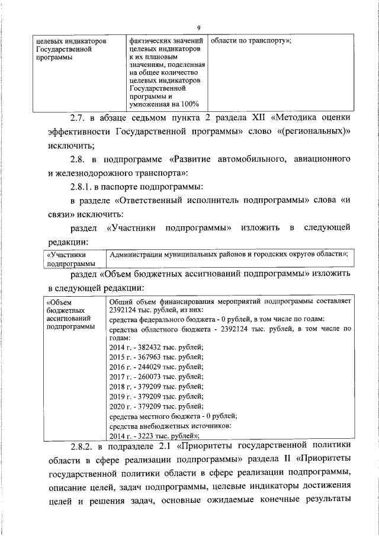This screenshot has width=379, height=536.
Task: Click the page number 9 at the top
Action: coord(199,27)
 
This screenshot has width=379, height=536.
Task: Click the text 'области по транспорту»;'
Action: coord(251,41)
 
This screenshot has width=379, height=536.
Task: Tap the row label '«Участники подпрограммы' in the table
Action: coord(70,258)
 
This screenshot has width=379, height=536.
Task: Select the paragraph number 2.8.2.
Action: coord(83,445)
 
